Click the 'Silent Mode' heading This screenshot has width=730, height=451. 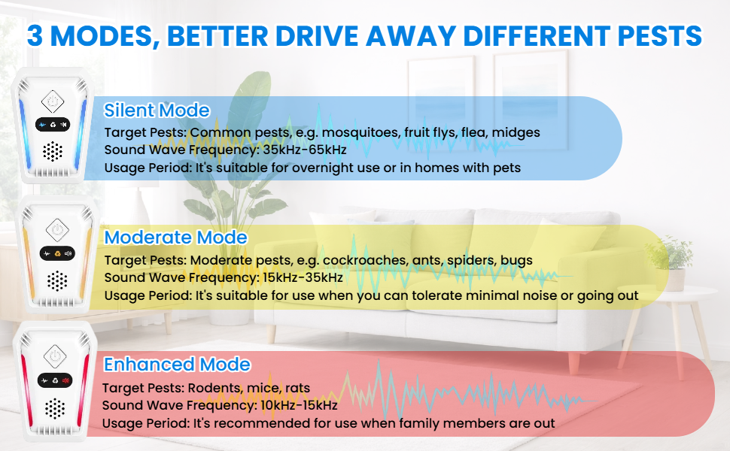pos(157,110)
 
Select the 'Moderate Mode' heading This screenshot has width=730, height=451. pos(175,238)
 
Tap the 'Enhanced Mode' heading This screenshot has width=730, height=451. pos(177,365)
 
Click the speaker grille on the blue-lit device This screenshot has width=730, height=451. pos(53,152)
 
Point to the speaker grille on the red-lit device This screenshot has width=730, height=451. pos(53,409)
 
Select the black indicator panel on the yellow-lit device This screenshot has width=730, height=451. pos(57,254)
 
